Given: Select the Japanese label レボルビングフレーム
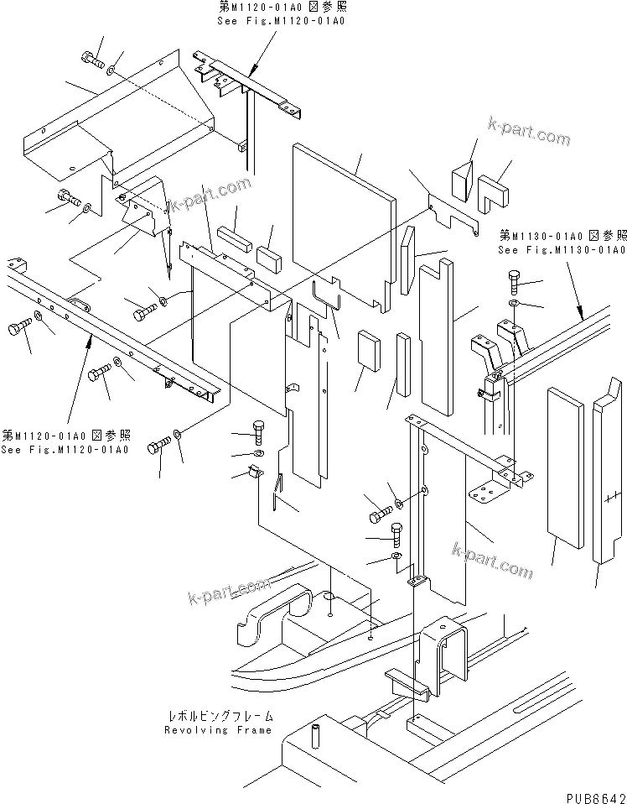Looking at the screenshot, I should [x=220, y=718].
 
